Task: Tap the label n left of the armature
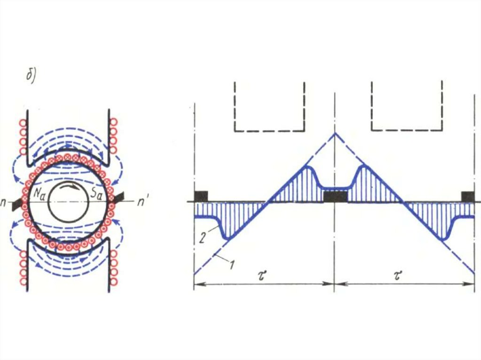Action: [4, 203]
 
